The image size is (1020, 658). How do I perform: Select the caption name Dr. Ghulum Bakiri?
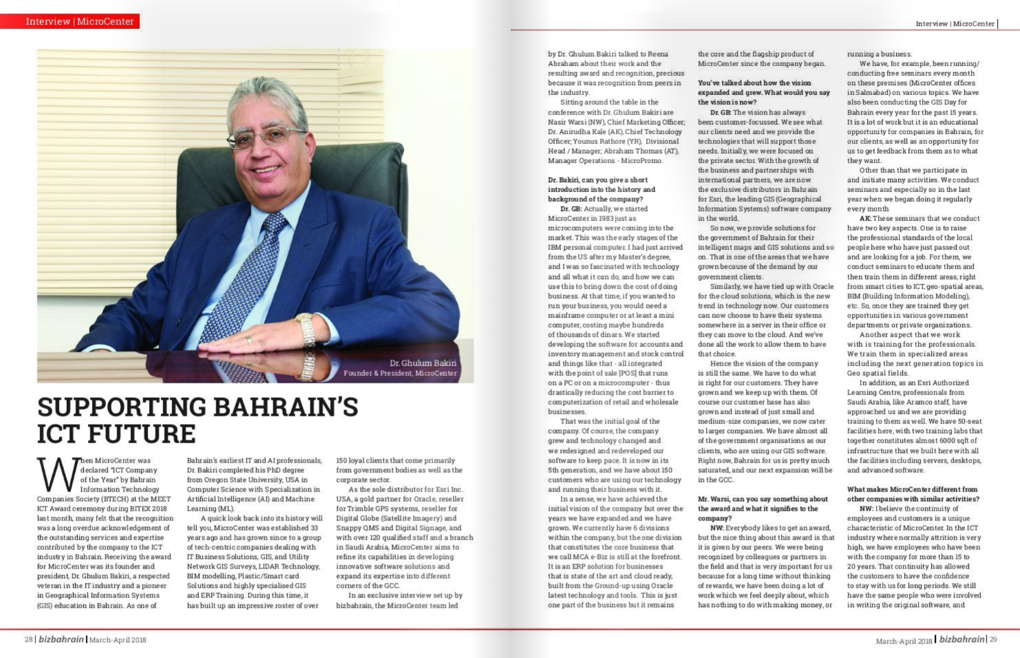tap(423, 363)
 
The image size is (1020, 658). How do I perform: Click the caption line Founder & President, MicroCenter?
tap(400, 373)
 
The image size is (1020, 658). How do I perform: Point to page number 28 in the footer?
tap(29, 639)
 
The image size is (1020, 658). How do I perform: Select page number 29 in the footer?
tap(992, 639)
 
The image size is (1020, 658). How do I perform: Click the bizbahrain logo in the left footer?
tap(61, 639)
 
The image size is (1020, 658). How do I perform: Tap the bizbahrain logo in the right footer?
tap(961, 639)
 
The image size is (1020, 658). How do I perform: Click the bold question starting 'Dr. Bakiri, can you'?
tap(601, 189)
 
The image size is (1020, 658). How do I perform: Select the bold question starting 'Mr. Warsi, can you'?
tap(762, 508)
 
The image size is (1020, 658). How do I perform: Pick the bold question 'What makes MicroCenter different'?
tap(913, 493)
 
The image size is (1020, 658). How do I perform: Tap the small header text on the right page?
tap(955, 23)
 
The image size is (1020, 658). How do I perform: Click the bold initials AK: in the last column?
tap(865, 218)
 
